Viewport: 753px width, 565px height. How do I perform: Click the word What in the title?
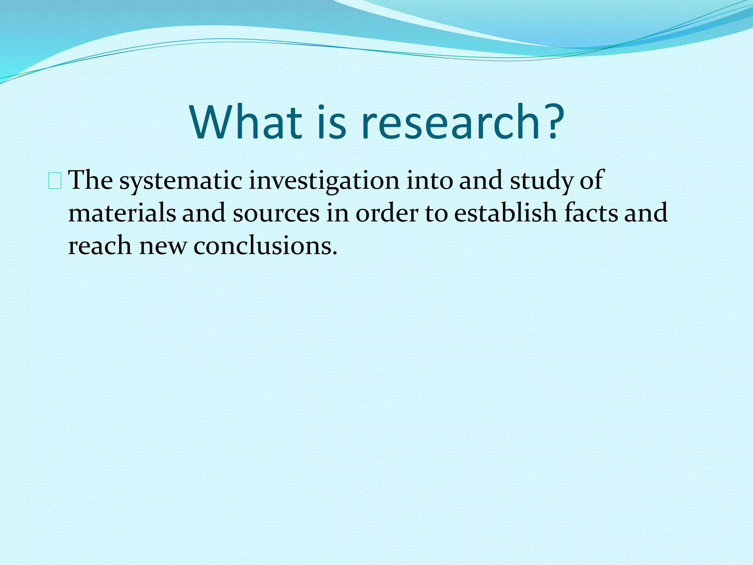tap(246, 122)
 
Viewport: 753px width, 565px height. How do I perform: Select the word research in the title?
tap(451, 122)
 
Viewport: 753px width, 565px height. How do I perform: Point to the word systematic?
tap(181, 181)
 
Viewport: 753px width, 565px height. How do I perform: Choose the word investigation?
tap(324, 181)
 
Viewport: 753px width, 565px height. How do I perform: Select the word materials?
tap(122, 213)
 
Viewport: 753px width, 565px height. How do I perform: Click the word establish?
tap(506, 213)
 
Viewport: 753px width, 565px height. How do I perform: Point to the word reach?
tap(100, 246)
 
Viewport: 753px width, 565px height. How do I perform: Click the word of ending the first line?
tap(592, 181)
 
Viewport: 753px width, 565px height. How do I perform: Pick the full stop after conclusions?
tap(334, 253)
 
